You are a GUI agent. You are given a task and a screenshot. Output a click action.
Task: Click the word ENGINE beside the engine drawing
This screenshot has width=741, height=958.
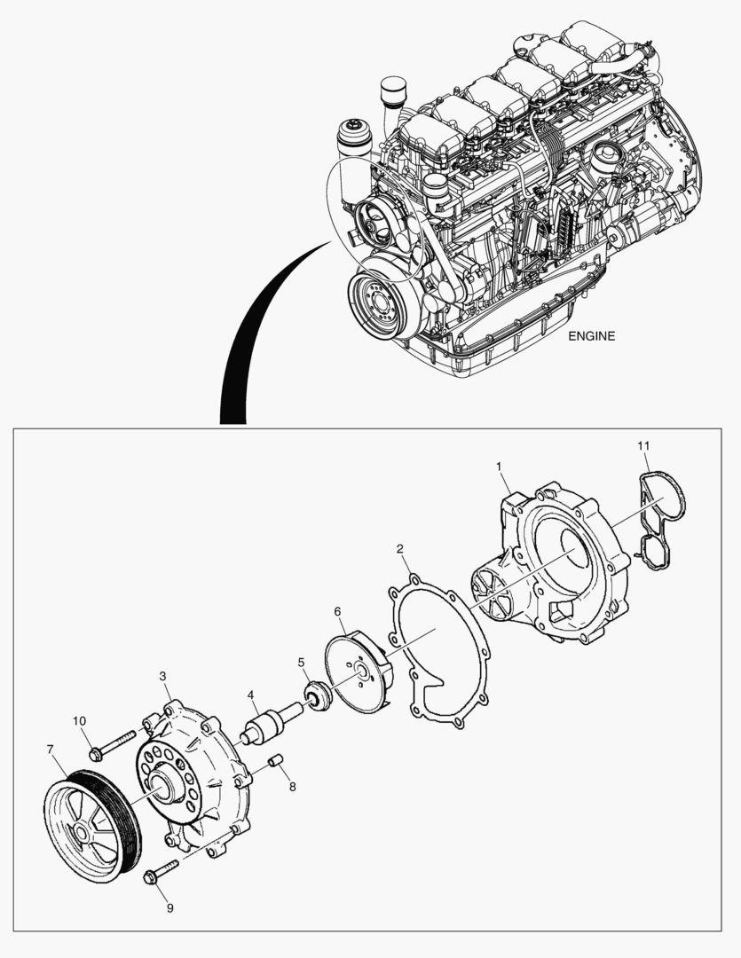click(591, 336)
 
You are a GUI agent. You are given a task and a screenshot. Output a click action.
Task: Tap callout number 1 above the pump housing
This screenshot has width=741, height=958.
click(499, 466)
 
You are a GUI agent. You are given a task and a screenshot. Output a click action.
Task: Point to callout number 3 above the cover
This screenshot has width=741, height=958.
click(163, 676)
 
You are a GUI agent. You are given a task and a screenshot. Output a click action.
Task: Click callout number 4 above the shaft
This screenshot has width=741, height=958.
click(251, 695)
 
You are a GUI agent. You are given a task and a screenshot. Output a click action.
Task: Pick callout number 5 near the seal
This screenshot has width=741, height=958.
click(301, 662)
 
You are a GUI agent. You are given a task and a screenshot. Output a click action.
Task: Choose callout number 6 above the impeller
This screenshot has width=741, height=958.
click(337, 611)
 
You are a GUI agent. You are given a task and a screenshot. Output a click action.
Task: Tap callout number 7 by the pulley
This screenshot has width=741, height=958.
click(51, 750)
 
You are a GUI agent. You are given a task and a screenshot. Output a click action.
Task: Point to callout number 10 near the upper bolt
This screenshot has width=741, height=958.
click(80, 720)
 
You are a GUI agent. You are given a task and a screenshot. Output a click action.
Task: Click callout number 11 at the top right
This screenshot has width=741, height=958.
click(645, 444)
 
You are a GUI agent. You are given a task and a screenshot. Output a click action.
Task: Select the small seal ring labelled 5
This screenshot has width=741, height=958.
click(317, 695)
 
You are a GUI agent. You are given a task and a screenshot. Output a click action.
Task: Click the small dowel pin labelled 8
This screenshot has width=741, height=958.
click(275, 760)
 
